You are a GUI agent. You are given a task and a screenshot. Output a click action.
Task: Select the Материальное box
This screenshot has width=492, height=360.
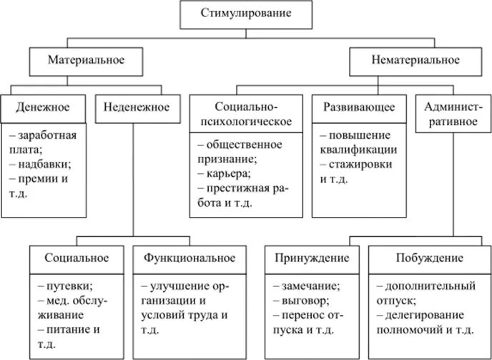tap(86, 60)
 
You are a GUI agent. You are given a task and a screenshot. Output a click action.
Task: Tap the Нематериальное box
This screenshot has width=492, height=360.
tap(405, 60)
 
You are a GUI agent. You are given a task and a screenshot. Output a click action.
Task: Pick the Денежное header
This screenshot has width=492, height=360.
tap(44, 107)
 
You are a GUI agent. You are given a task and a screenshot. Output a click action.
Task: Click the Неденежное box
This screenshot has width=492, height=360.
tap(136, 107)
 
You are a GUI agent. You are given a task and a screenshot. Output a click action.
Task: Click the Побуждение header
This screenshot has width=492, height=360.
tap(429, 258)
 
